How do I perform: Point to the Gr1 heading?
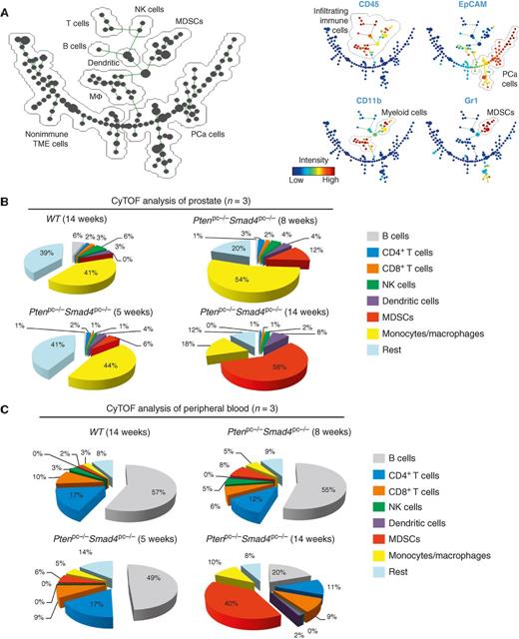[439, 101]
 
